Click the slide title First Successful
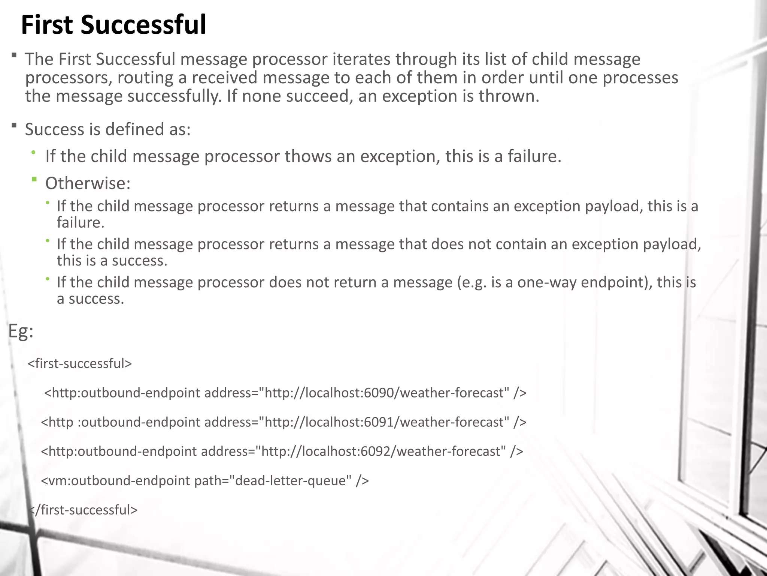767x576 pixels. [x=113, y=25]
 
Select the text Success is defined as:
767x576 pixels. [x=108, y=129]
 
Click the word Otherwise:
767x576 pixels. [x=88, y=183]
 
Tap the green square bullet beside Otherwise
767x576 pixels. [x=34, y=180]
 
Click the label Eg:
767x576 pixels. [x=21, y=331]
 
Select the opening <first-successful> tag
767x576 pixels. [x=80, y=363]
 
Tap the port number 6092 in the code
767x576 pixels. [x=375, y=451]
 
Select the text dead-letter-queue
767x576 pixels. [x=293, y=480]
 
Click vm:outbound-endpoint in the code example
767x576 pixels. [x=119, y=480]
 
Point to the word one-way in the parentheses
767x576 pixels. [x=547, y=282]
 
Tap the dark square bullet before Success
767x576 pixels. [x=14, y=125]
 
